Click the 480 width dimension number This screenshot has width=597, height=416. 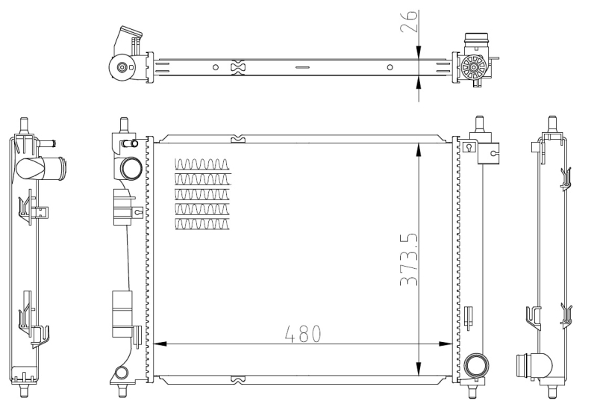(x=303, y=334)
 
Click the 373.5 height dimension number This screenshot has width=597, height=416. (x=409, y=259)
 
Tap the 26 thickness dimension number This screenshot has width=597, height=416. (x=409, y=21)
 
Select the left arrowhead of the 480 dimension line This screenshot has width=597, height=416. (x=160, y=344)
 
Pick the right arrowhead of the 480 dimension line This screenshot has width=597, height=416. (x=446, y=344)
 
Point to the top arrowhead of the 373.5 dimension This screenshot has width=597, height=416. (x=419, y=150)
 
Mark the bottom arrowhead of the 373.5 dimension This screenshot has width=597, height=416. (x=419, y=368)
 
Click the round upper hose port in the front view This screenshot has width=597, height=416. (x=131, y=168)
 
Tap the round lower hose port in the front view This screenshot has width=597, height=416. (x=477, y=365)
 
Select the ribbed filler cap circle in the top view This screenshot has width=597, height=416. (x=473, y=68)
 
